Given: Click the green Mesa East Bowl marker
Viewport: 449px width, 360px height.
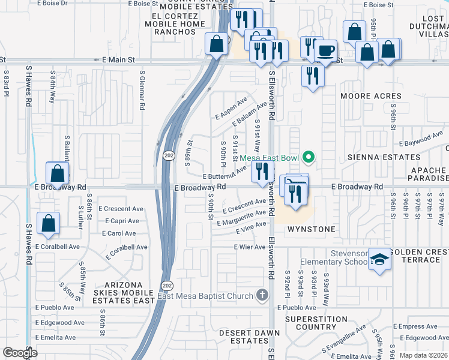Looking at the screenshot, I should pyautogui.click(x=309, y=158).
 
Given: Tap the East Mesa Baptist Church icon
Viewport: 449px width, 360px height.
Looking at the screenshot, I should pyautogui.click(x=261, y=295).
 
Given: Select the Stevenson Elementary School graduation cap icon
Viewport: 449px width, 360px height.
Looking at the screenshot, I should pyautogui.click(x=379, y=259).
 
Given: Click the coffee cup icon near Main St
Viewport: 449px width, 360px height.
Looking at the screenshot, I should pyautogui.click(x=325, y=51).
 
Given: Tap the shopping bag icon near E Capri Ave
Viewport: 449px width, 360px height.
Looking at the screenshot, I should pyautogui.click(x=48, y=223).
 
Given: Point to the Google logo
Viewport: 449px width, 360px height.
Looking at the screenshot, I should pyautogui.click(x=20, y=353).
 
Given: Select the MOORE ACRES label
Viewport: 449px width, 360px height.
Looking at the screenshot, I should pyautogui.click(x=370, y=96).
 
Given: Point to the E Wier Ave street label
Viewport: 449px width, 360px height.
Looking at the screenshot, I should pyautogui.click(x=249, y=247).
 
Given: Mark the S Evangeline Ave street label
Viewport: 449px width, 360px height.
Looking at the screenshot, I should pyautogui.click(x=344, y=340).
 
